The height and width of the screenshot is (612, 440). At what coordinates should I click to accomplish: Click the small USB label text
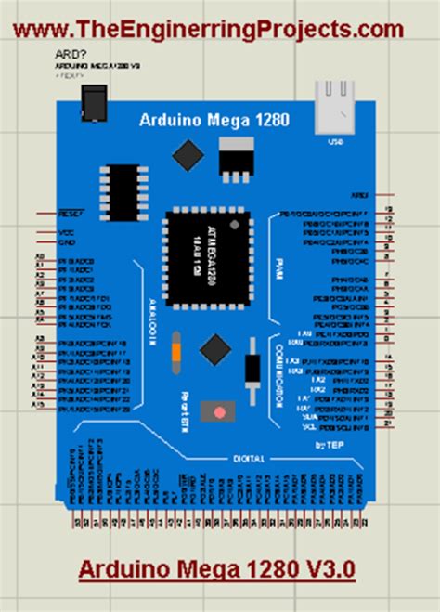tap(335, 143)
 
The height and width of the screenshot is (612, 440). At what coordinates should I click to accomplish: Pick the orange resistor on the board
tap(175, 351)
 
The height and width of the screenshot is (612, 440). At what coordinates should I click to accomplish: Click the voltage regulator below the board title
tap(235, 158)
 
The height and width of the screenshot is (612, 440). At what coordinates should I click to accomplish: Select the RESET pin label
tap(71, 213)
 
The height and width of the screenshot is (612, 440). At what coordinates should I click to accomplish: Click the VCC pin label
tap(67, 232)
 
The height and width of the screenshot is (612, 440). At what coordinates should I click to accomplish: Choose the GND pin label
tap(67, 242)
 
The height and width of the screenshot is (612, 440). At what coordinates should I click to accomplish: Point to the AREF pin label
tap(359, 196)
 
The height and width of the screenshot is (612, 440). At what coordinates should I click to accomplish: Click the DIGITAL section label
tap(250, 458)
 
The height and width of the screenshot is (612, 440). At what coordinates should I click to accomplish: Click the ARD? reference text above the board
tap(67, 55)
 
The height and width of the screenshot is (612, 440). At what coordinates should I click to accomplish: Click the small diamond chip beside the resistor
tap(215, 350)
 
